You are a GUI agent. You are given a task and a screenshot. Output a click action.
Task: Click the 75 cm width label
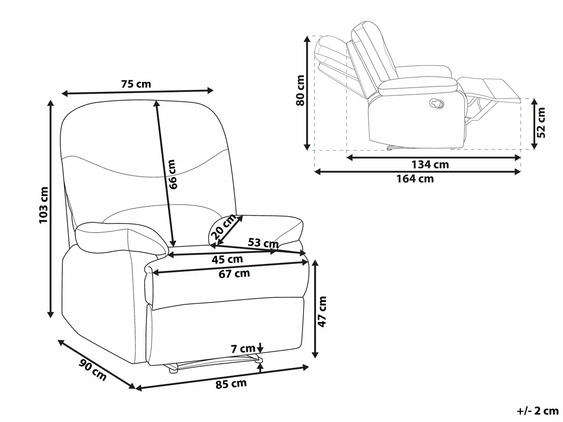tap(136, 84)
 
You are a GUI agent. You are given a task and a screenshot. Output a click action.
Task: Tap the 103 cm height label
tap(44, 205)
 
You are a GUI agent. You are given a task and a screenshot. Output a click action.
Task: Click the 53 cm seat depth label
tap(263, 242)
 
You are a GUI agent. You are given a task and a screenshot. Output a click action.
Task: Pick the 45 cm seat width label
tap(227, 259)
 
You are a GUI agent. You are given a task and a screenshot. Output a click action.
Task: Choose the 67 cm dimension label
tap(234, 274)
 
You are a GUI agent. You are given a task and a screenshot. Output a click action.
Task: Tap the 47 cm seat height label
tap(322, 312)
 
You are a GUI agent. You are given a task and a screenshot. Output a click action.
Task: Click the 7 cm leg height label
tap(243, 348)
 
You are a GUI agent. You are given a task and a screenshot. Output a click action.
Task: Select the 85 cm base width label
tap(231, 384)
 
